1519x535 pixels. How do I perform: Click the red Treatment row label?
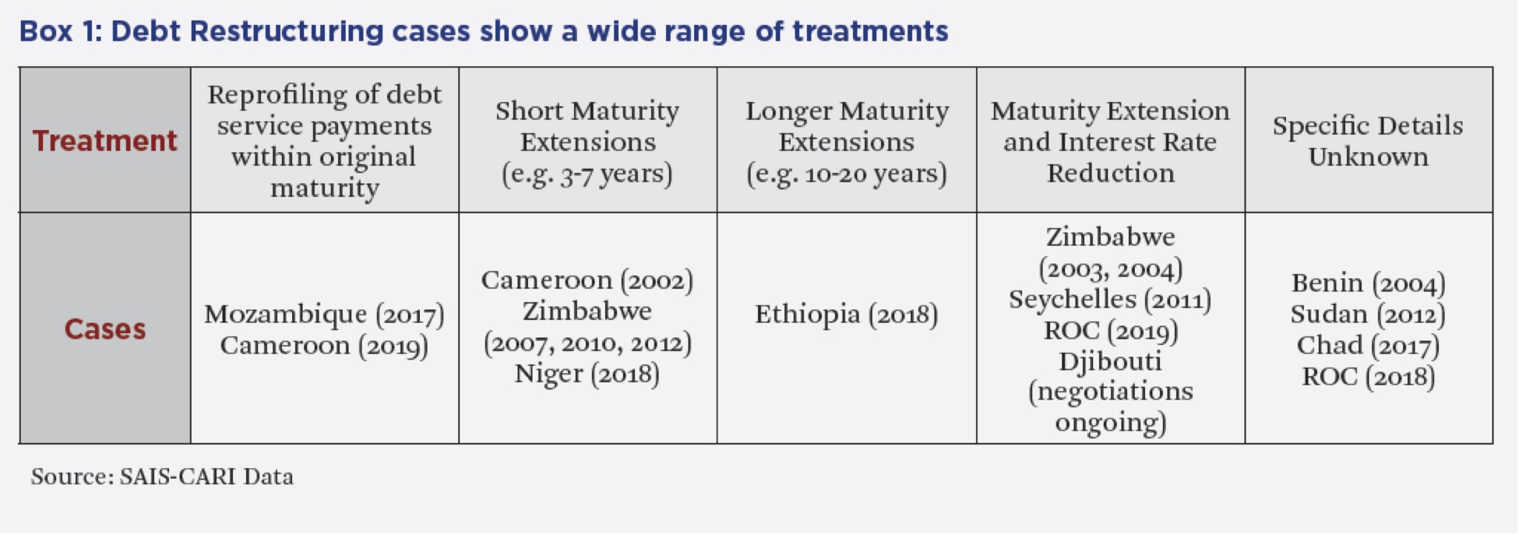(x=105, y=141)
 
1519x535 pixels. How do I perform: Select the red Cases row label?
(x=105, y=329)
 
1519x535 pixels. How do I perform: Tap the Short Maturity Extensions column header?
(x=587, y=142)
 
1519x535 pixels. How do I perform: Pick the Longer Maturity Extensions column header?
(x=847, y=142)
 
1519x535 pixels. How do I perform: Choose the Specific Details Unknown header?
(x=1368, y=141)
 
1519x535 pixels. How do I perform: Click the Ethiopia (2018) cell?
(x=847, y=315)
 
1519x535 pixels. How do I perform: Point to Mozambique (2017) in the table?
(x=324, y=315)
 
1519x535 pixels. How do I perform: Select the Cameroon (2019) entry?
(x=324, y=346)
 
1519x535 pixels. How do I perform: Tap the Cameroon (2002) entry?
(x=587, y=280)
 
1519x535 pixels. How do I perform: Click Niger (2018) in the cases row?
(x=587, y=375)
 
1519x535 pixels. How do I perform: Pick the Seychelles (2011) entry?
(x=1110, y=300)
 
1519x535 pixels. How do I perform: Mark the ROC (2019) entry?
(x=1110, y=331)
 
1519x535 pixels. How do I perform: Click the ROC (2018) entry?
(x=1368, y=377)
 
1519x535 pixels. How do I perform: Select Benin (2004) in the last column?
(x=1368, y=283)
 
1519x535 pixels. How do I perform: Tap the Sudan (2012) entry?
(x=1368, y=314)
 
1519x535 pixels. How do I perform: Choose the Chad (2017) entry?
(x=1368, y=345)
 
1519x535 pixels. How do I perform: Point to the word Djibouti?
(x=1110, y=362)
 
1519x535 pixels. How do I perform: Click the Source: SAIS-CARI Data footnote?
(x=162, y=477)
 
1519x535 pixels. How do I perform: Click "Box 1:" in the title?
(x=61, y=32)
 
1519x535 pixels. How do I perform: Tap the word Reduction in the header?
(x=1110, y=173)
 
